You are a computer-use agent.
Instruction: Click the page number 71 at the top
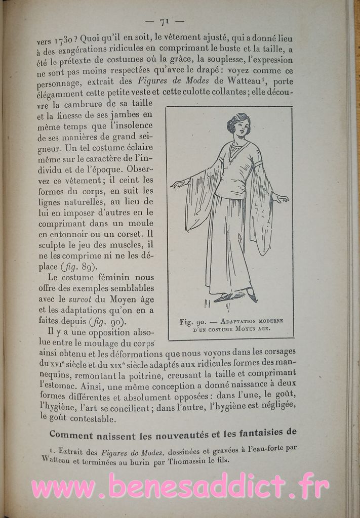[164, 21]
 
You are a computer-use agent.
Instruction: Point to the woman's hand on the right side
[281, 198]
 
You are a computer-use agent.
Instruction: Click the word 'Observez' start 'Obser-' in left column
[138, 168]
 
